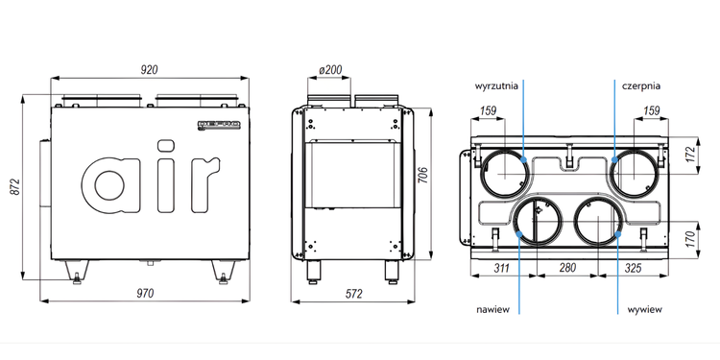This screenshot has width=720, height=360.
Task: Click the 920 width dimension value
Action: click(149, 69)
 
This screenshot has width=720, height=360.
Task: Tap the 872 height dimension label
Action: click(13, 188)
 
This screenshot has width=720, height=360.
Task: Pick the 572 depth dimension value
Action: click(353, 293)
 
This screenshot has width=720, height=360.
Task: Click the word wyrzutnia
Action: click(497, 85)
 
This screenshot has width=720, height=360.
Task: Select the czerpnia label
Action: click(638, 85)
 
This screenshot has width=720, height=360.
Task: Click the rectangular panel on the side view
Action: click(354, 173)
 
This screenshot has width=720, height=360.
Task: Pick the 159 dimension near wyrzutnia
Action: click(488, 112)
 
